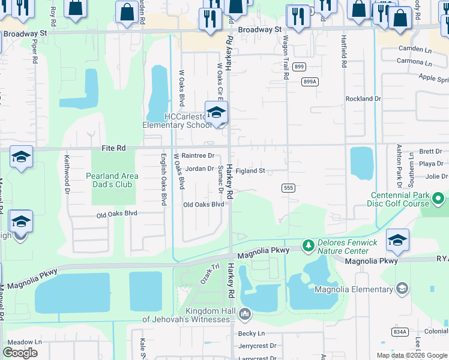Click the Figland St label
250,171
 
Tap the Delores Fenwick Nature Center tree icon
308,245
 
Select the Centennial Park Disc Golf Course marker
439,197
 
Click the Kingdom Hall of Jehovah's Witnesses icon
245,313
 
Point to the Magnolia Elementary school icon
402,289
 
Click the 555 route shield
288,188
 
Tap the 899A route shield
310,82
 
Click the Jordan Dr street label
199,169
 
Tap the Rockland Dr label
363,98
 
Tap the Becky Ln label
251,334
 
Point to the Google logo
20,353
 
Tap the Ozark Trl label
206,277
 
